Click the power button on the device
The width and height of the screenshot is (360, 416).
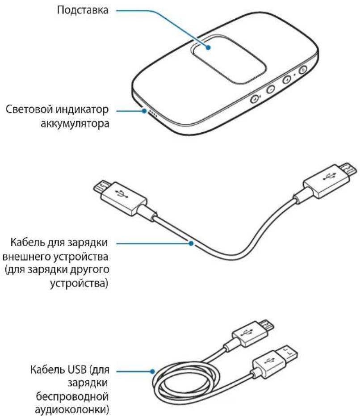303,69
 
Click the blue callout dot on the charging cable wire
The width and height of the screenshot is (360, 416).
191,244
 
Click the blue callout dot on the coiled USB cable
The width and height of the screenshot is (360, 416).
153,371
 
